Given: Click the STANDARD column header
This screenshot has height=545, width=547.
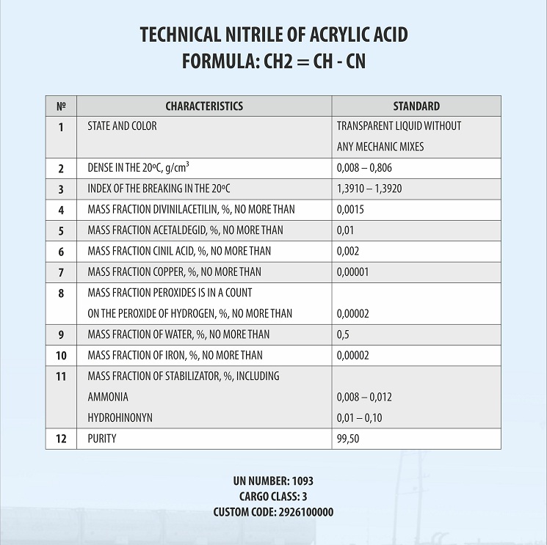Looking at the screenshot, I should [x=416, y=106].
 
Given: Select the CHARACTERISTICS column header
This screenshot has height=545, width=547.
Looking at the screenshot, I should [x=203, y=106].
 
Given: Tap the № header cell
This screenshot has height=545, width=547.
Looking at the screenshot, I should [x=61, y=106].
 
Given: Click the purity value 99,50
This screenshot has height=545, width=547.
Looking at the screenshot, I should [x=348, y=439].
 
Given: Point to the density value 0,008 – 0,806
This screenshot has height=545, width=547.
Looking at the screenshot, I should [x=364, y=168].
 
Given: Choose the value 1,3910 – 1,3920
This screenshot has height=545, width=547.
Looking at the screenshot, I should [x=369, y=189].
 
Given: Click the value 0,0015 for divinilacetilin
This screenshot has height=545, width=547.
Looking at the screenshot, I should [x=350, y=210].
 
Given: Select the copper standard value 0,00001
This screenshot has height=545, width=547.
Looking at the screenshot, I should [x=352, y=272].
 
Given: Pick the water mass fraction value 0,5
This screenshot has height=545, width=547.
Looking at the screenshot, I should [x=343, y=334].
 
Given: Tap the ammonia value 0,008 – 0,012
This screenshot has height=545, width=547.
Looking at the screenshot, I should [x=364, y=398].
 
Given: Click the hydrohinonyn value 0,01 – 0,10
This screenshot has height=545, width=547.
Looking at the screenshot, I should [x=359, y=418].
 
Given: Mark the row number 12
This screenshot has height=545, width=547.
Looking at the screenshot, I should [x=61, y=439].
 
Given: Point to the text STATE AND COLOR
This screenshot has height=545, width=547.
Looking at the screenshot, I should [x=122, y=126].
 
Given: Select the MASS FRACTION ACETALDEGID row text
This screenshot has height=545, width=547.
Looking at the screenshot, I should [x=185, y=230].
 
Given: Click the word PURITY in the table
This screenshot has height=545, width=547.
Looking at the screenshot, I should [x=101, y=439].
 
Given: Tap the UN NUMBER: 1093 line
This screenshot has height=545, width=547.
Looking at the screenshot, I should [x=273, y=481].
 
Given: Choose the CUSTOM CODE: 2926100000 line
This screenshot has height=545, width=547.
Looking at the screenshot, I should [x=273, y=512].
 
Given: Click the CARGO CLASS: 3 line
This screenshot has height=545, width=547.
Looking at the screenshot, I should [x=273, y=497].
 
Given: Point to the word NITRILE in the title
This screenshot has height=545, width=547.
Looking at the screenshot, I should [x=250, y=34].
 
